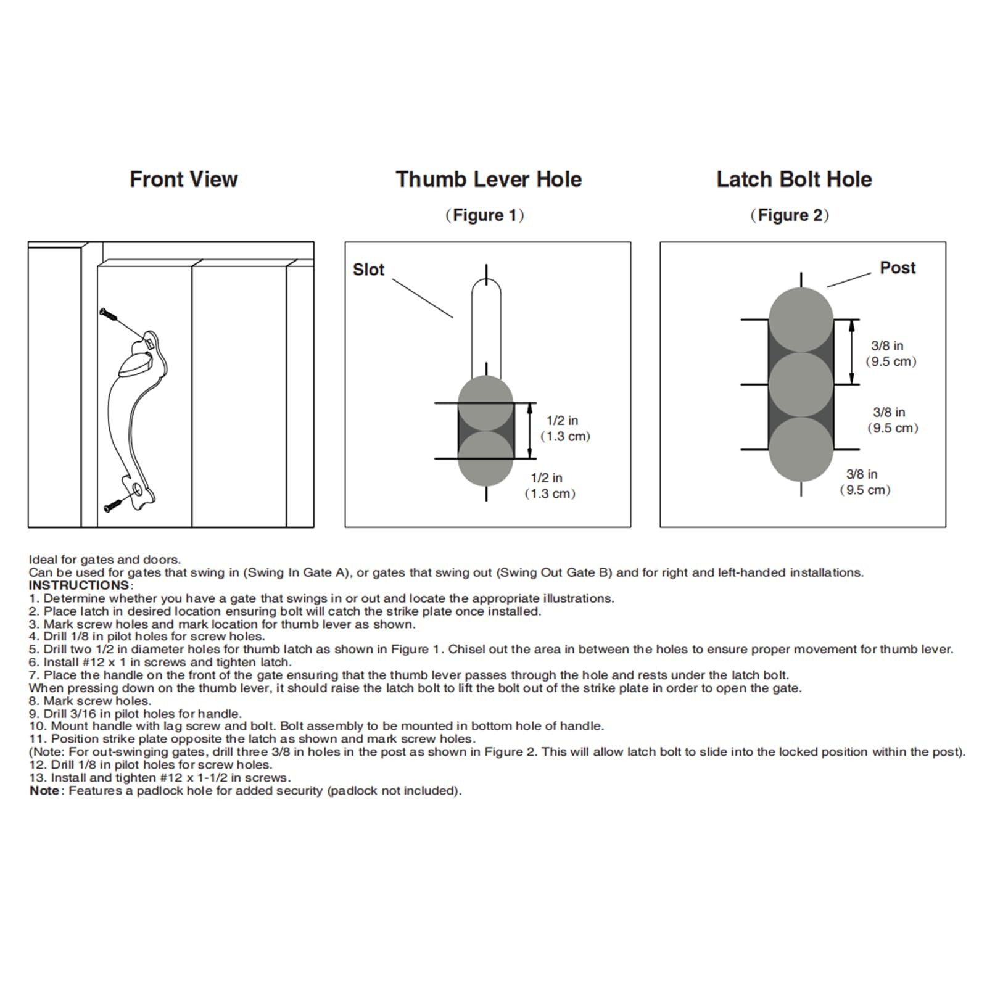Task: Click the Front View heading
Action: [x=183, y=180]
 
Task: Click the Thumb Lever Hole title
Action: [x=489, y=180]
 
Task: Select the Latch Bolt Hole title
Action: [x=794, y=180]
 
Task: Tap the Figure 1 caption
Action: [x=484, y=215]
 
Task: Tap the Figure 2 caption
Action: [x=790, y=215]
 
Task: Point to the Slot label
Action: [x=368, y=270]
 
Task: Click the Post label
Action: [x=897, y=268]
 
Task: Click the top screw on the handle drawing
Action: [x=109, y=314]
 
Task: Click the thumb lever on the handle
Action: [x=134, y=366]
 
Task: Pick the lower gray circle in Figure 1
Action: [x=485, y=458]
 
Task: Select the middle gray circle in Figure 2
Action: [x=801, y=384]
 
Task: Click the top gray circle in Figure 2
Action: [x=801, y=320]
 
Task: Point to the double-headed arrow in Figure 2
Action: [x=852, y=352]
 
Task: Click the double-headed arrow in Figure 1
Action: [x=531, y=431]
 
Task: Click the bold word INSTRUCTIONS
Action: [x=79, y=585]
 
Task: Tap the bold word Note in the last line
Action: [x=44, y=791]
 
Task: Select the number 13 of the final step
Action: [x=36, y=778]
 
